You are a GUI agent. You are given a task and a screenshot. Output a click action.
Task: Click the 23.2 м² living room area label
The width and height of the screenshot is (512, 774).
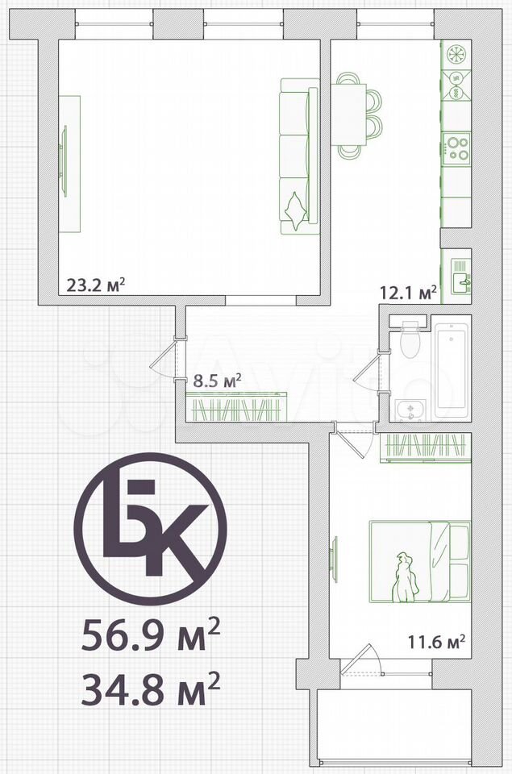click(95, 285)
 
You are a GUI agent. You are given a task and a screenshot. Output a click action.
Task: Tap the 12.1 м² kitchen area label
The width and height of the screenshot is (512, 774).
click(408, 292)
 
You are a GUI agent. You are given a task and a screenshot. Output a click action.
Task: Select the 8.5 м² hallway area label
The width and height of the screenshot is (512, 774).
click(216, 381)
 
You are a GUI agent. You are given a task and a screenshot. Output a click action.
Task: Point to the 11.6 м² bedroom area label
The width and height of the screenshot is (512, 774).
click(436, 642)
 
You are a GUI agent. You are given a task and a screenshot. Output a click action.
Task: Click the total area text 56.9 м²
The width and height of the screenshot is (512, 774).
click(151, 636)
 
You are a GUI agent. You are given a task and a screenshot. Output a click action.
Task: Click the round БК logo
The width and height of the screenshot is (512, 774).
click(151, 529)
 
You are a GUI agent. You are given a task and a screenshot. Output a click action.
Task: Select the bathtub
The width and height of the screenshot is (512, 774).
click(452, 368)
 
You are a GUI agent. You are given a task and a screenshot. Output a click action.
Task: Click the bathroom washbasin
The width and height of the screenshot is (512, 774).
click(410, 410)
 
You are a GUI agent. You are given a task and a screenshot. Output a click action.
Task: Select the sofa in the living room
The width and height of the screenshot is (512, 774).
click(299, 156)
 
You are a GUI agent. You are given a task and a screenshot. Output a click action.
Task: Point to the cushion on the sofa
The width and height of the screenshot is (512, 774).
click(294, 211)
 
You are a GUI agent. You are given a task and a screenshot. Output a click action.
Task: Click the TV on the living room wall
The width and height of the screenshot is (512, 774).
click(63, 161)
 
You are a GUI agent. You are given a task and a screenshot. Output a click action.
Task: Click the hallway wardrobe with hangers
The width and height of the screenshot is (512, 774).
click(236, 406)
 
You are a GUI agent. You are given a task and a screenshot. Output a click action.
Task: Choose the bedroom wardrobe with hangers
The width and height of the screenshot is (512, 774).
click(426, 447)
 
